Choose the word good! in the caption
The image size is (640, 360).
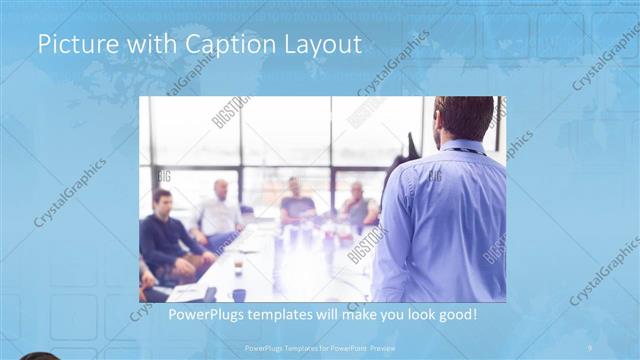pyautogui.click(x=454, y=315)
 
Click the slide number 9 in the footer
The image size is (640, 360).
pyautogui.click(x=590, y=348)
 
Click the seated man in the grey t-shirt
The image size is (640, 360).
pyautogui.click(x=296, y=204)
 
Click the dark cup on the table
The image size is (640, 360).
pyautogui.click(x=239, y=294)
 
